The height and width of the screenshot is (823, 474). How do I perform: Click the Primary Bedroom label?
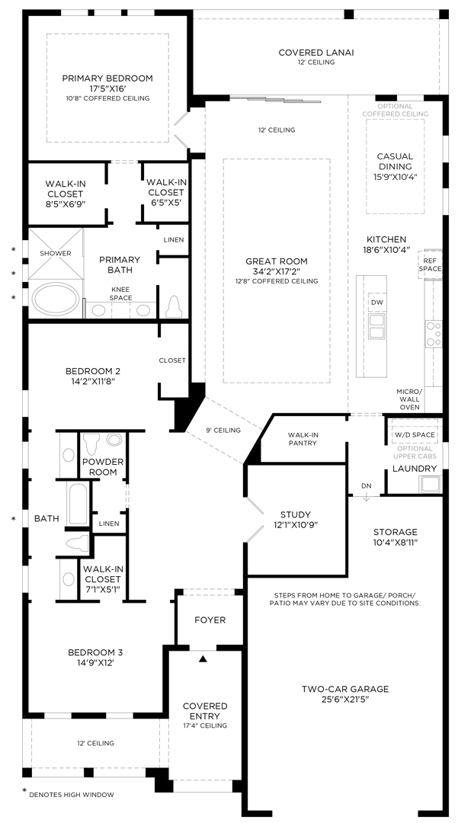click(x=107, y=78)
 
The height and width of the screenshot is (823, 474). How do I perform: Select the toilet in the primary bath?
click(x=173, y=306)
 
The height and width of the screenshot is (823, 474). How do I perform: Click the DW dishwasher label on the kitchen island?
click(x=376, y=303)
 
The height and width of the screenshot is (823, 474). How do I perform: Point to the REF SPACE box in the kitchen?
click(x=430, y=264)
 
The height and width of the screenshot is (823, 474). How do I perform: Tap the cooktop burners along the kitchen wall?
click(x=434, y=334)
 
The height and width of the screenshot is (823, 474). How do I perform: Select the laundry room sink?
click(x=431, y=483)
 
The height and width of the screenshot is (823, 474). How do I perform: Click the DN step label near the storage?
click(x=366, y=485)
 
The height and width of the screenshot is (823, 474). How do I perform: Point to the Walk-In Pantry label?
click(x=303, y=439)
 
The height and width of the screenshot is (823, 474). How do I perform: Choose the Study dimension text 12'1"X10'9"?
click(x=296, y=525)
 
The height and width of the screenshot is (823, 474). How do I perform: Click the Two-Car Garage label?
click(x=344, y=689)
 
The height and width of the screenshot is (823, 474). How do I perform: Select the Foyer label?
click(x=210, y=620)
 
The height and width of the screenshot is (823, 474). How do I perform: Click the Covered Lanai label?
click(x=316, y=52)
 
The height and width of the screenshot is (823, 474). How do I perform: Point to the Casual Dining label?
click(x=395, y=162)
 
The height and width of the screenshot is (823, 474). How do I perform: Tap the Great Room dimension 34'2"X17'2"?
click(x=277, y=271)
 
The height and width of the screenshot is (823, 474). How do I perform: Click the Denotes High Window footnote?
click(x=72, y=794)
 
